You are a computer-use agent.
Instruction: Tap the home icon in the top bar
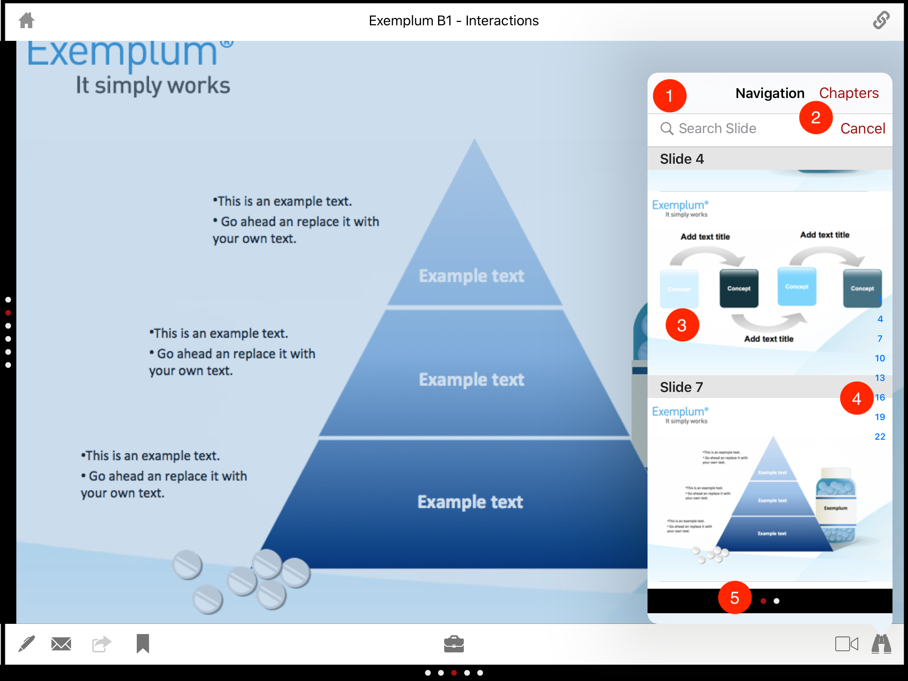click(x=27, y=20)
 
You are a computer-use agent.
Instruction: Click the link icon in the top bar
click(x=881, y=20)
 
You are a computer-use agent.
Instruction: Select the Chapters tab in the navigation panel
click(x=848, y=93)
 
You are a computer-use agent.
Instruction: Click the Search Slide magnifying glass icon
click(x=667, y=129)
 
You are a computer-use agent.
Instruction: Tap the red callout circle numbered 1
click(x=669, y=96)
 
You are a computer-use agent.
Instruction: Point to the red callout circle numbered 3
click(x=682, y=325)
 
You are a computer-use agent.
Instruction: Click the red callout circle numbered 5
click(x=734, y=598)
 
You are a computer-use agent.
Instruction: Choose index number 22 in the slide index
click(x=880, y=436)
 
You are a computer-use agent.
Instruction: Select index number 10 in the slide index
click(x=880, y=358)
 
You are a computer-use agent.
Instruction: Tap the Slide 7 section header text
click(x=681, y=387)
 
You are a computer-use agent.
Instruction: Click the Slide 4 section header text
click(x=682, y=159)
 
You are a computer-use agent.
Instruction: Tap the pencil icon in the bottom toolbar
click(x=27, y=644)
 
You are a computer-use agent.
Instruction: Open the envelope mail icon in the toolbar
click(x=61, y=644)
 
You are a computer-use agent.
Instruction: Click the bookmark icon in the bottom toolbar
click(x=142, y=643)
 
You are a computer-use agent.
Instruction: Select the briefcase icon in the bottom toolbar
click(x=454, y=644)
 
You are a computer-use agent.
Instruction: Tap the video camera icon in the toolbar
click(x=846, y=644)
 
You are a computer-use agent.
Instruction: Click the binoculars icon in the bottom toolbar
click(x=881, y=644)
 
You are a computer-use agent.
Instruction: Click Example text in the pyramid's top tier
click(x=471, y=276)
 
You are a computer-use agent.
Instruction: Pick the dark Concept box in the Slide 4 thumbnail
click(x=739, y=288)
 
